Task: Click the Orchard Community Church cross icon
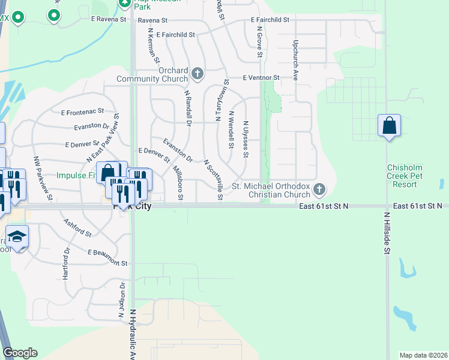coord(197,74)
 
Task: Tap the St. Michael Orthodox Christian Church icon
coord(319,190)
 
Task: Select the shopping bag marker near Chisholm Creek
coord(389,126)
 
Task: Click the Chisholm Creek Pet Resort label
coord(411,176)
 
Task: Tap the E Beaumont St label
coord(107,258)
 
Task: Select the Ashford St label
coord(77,227)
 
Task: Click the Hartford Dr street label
coord(65,263)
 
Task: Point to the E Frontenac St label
coord(83,112)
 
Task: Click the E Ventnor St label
coord(261,78)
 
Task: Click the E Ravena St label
coord(109,19)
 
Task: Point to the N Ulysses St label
coord(246,139)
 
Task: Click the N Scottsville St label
coord(213,180)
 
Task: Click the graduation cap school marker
coord(17,236)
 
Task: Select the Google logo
coord(20,353)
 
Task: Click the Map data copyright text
coord(423,355)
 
